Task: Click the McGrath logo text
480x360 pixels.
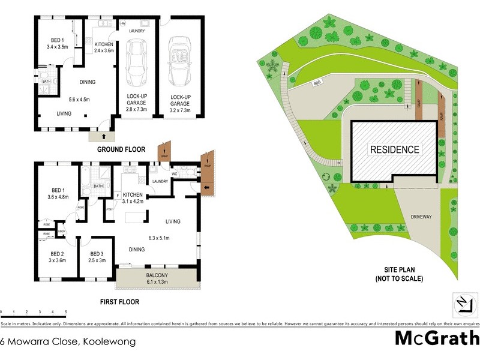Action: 437,338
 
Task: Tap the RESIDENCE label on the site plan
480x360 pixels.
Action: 394,149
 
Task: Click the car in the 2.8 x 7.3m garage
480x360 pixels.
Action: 137,63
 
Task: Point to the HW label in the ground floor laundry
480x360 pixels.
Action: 122,23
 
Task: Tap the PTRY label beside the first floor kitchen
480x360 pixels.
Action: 110,209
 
